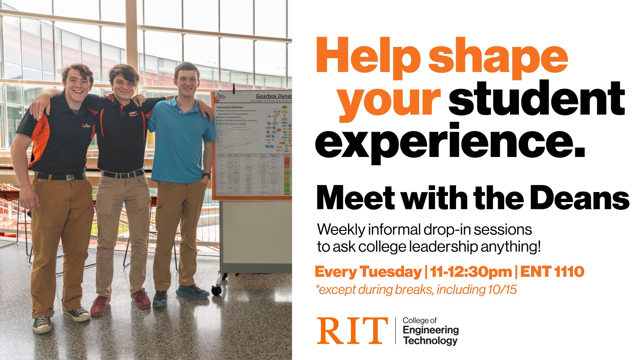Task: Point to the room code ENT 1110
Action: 552,272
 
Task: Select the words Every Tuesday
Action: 368,272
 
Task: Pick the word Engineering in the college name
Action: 431,330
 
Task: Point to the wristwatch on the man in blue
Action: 207,175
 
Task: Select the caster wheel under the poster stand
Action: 216,290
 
